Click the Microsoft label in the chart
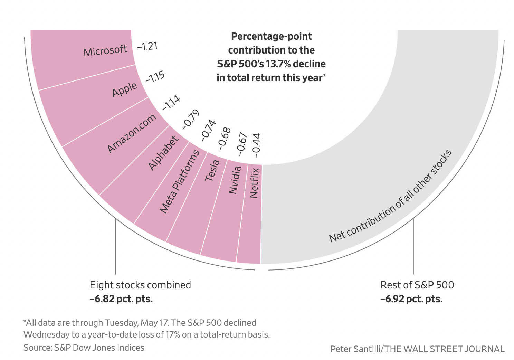click(x=105, y=51)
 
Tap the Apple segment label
click(x=125, y=89)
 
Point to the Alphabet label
click(x=163, y=153)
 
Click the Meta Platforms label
click(x=180, y=181)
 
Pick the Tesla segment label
click(x=212, y=170)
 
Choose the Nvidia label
click(x=235, y=180)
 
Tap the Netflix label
click(x=254, y=183)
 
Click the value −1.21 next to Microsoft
click(x=147, y=46)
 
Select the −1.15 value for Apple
click(x=155, y=77)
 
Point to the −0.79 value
click(x=191, y=119)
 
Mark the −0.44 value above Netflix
click(x=256, y=143)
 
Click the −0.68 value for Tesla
click(x=224, y=139)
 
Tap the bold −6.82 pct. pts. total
click(x=121, y=299)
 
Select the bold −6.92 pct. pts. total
click(x=411, y=299)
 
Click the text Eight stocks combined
click(x=140, y=285)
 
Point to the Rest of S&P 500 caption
click(x=417, y=285)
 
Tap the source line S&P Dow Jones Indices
click(x=84, y=348)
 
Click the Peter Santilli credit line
click(x=417, y=349)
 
